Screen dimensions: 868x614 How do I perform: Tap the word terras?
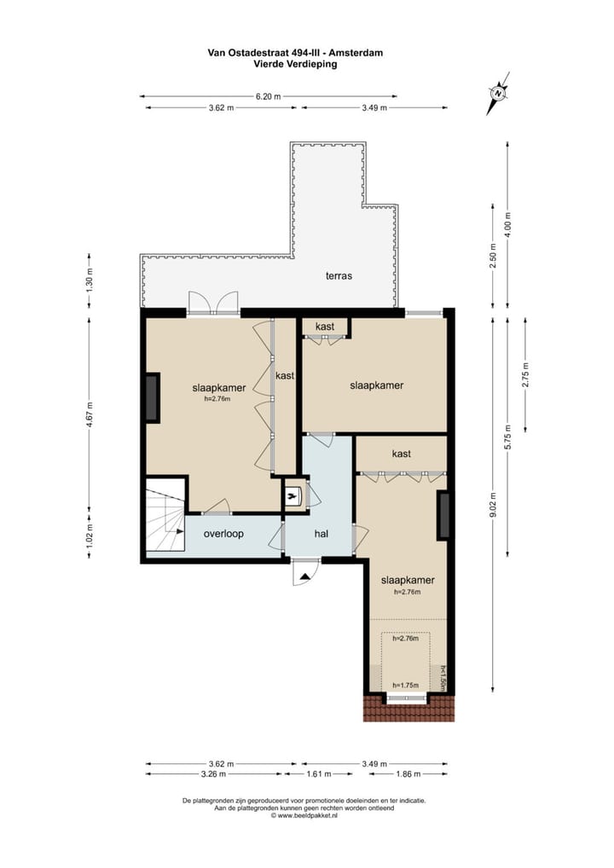coord(339,275)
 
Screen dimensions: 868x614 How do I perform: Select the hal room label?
coord(321,534)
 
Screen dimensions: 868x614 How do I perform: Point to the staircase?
coord(166,518)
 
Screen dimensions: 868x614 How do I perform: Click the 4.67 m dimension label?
coord(90,417)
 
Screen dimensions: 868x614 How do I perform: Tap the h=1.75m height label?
coord(406,685)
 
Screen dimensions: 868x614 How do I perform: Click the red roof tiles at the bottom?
coord(406,709)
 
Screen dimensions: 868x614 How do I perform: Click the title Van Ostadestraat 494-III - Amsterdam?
coord(295,52)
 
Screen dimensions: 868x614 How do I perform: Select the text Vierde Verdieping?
coord(295,63)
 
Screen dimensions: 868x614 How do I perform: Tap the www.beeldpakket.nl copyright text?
coord(304,816)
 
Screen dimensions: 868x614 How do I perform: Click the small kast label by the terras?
coord(324,327)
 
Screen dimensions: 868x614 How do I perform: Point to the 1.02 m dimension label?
coord(90,534)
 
